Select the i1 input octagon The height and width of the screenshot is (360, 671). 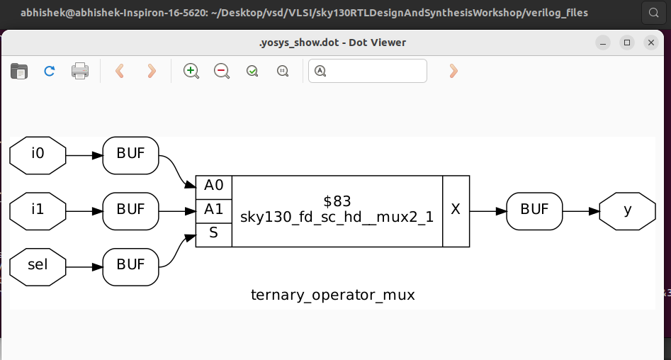[38, 210]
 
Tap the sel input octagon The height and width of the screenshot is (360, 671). [38, 266]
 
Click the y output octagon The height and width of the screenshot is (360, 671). [627, 210]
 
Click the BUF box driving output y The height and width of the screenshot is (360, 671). [535, 210]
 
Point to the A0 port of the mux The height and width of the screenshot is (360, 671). [213, 186]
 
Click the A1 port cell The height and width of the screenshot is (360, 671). [213, 210]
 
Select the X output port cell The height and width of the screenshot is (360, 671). [456, 210]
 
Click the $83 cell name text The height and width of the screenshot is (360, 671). [337, 201]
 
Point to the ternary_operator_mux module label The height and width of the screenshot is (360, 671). [332, 295]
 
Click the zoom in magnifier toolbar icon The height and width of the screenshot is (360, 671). [191, 71]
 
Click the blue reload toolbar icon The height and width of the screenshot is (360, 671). [50, 71]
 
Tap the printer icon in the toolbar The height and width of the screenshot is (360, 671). [80, 71]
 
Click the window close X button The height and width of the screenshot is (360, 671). [651, 43]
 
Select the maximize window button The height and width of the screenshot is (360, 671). [627, 43]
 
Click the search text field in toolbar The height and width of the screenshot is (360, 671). [375, 71]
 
